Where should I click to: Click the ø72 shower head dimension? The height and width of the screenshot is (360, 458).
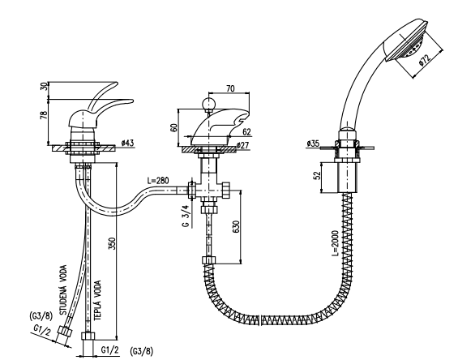coord(425,60)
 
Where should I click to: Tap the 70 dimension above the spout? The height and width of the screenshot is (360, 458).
coord(230,88)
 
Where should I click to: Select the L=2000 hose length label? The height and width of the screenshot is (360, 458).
coord(335,243)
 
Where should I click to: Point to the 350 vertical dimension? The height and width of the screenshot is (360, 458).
coord(112,243)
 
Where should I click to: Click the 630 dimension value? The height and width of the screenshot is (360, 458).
coord(236,227)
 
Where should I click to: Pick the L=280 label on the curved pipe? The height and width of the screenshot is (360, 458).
coord(158,181)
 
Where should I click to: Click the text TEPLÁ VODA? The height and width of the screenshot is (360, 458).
coord(98,300)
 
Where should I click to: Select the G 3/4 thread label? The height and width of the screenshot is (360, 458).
coord(186,216)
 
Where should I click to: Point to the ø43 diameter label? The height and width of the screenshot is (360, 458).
coord(127,143)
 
